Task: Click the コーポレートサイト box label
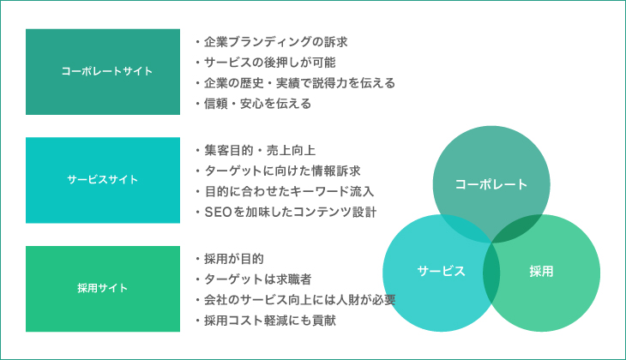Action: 107,71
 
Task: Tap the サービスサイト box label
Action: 103,180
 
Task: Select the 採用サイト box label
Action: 103,288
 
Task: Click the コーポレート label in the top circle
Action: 491,184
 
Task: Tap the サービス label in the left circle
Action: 441,272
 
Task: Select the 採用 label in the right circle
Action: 541,272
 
